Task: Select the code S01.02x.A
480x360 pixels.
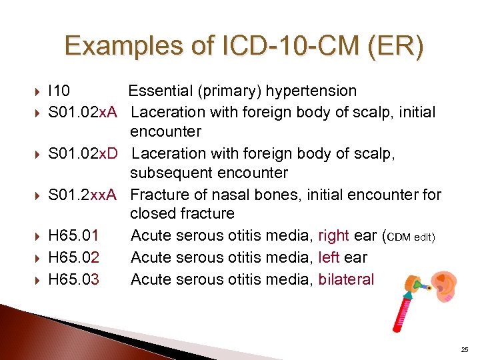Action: click(83, 111)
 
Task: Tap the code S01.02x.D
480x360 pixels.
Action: click(83, 153)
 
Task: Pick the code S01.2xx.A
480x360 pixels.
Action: click(83, 194)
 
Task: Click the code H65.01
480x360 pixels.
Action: click(74, 235)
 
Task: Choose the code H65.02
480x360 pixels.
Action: click(74, 257)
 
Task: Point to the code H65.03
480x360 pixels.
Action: click(74, 279)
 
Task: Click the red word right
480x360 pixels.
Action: click(334, 235)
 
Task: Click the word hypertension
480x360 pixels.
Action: click(313, 91)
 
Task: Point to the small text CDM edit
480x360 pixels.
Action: click(411, 237)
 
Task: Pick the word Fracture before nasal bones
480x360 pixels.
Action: click(159, 194)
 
